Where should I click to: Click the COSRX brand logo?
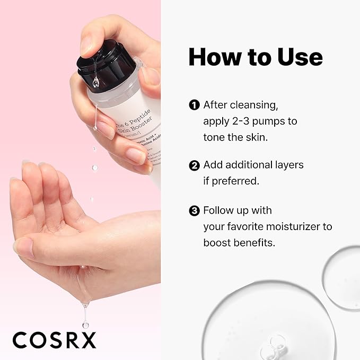[x=54, y=340]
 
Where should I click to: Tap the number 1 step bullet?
[x=194, y=105]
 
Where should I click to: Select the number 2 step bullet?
[x=194, y=165]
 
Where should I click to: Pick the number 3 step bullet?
[x=194, y=211]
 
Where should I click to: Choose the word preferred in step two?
[x=236, y=181]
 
